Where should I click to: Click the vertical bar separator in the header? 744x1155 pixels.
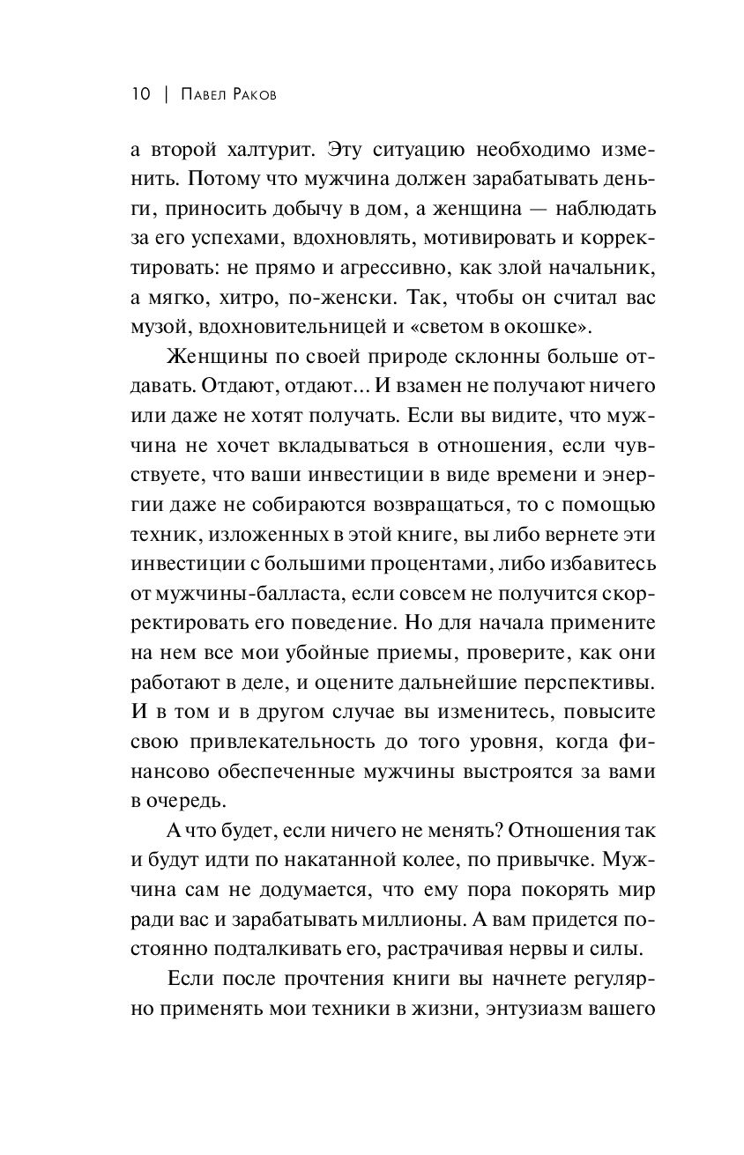pos(165,94)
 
